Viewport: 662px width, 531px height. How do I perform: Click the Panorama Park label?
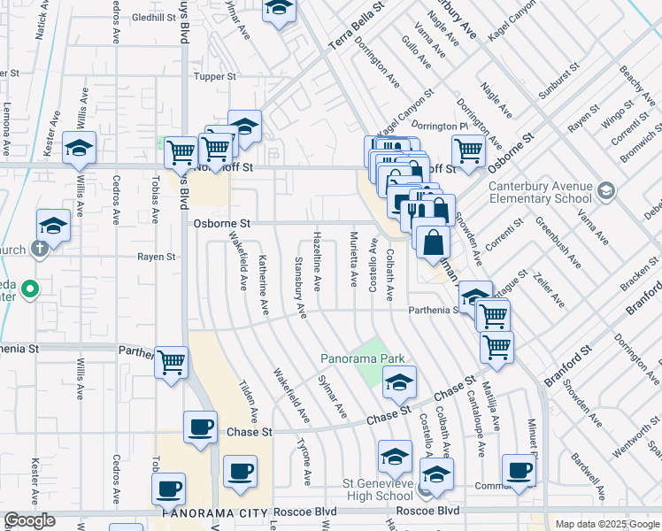363,358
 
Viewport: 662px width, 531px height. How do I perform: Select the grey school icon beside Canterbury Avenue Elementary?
606,190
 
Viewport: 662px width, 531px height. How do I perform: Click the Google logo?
28,521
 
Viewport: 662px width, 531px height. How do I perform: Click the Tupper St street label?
214,77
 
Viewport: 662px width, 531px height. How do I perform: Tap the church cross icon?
39,249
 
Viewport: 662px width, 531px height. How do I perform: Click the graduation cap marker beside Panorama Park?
399,382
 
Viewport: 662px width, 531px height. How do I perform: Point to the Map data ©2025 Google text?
607,523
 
